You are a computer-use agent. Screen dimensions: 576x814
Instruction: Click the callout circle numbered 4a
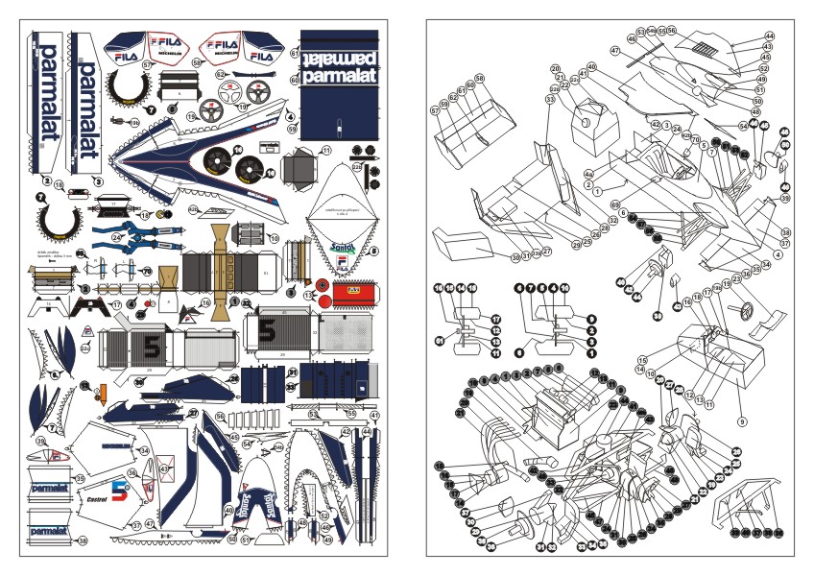tap(589, 175)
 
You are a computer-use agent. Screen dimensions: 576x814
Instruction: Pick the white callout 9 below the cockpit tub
tap(741, 421)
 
